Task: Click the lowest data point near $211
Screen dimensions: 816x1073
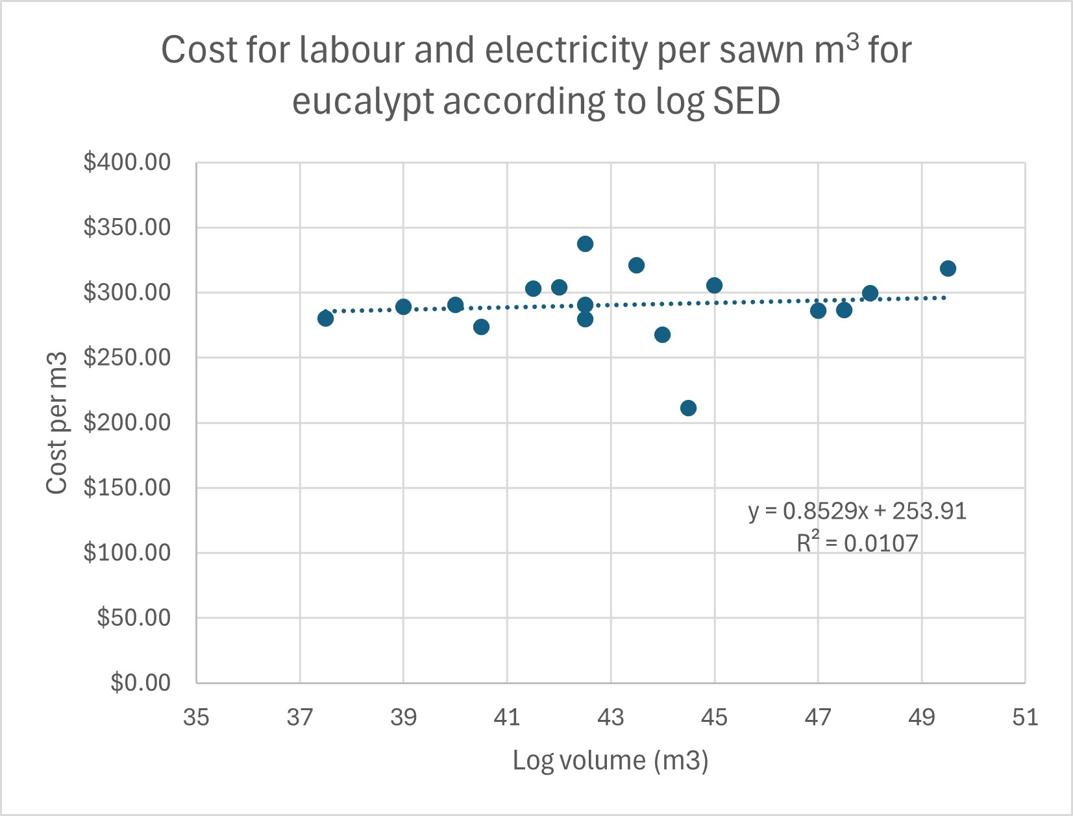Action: point(688,408)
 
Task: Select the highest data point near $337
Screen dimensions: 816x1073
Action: point(585,244)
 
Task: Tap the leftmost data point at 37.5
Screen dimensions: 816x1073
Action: point(325,318)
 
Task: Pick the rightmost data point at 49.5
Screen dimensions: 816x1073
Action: point(948,269)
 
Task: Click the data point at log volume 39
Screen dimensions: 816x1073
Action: point(403,306)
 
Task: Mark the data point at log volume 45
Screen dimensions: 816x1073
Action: point(714,285)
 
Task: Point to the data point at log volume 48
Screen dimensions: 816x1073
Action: point(870,293)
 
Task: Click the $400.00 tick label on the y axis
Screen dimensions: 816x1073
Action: point(127,162)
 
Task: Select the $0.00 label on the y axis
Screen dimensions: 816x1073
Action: point(140,683)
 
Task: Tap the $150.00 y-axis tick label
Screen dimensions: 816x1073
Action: point(127,488)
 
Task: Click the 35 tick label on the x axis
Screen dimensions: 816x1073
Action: point(196,717)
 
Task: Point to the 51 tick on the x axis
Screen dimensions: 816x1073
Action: point(1025,717)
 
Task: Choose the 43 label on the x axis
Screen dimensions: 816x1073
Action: point(611,717)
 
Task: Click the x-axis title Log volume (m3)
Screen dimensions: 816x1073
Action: point(610,760)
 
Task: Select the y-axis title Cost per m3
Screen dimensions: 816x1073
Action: point(57,423)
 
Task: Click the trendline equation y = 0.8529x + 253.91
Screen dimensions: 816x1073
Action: point(857,512)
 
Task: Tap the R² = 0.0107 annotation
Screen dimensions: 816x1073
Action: point(857,543)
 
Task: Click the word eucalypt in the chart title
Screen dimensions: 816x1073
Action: point(362,102)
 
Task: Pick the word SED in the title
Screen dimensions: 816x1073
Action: point(746,102)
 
